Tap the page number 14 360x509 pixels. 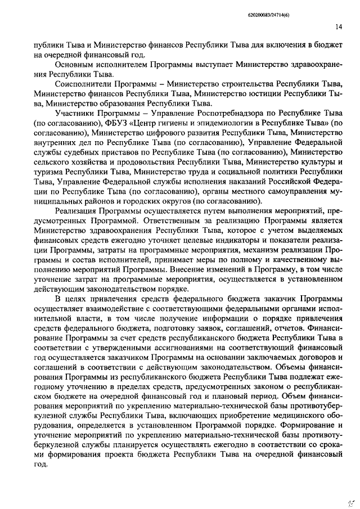click(338, 26)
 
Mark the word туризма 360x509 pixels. click(48, 172)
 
